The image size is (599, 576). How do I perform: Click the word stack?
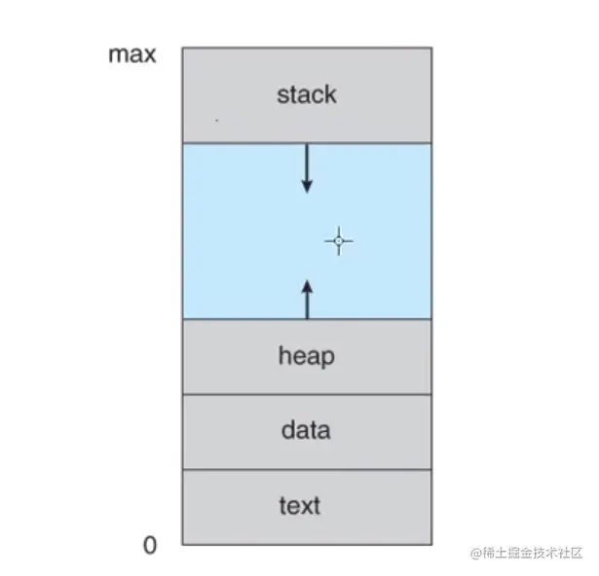[306, 94]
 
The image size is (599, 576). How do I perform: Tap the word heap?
[306, 356]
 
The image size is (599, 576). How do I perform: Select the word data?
[306, 430]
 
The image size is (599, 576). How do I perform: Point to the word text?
[299, 506]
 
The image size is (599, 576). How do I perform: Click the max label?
[131, 54]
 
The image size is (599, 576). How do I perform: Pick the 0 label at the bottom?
[149, 546]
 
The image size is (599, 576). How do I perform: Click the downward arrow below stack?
[307, 168]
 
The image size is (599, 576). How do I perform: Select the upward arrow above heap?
[308, 299]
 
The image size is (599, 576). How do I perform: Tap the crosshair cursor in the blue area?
[339, 241]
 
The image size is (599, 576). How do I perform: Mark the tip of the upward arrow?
[308, 282]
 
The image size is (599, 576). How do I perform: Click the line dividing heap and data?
[306, 394]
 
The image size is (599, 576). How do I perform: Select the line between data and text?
[306, 470]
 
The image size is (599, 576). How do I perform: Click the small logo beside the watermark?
[476, 553]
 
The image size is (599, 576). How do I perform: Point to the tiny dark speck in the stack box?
[216, 121]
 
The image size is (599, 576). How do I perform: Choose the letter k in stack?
[330, 94]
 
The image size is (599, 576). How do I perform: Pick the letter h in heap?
[284, 355]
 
